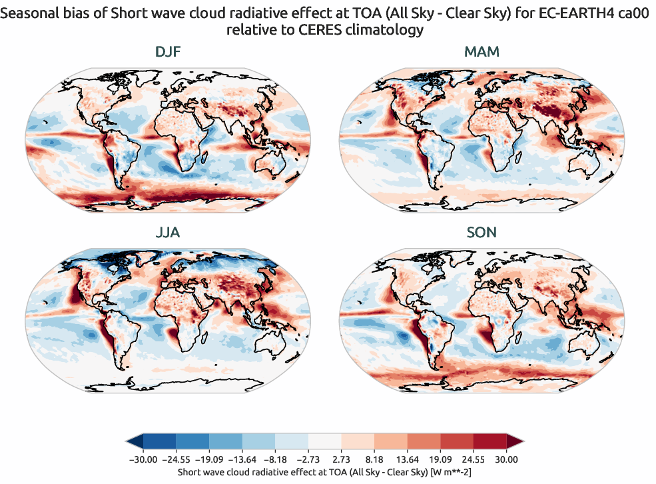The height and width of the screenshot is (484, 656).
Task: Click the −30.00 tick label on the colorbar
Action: click(142, 459)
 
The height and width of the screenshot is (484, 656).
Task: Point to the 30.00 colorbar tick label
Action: click(507, 459)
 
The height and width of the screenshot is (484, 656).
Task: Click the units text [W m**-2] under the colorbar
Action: click(448, 471)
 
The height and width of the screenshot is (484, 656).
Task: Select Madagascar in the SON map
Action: click(516, 336)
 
